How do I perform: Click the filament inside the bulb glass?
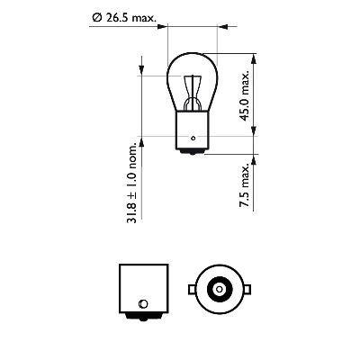(x=193, y=86)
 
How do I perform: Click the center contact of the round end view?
(x=217, y=290)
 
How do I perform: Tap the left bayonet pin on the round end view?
(x=189, y=290)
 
